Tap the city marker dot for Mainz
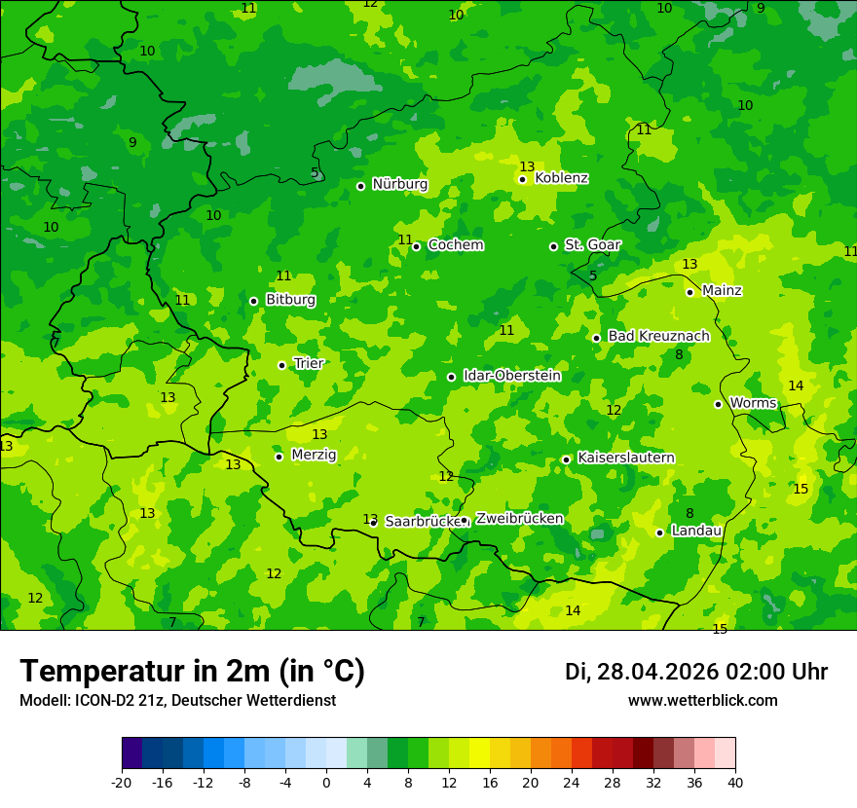click(x=689, y=292)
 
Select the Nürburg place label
click(x=399, y=184)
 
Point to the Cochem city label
click(x=455, y=245)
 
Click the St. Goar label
click(x=592, y=245)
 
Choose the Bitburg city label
click(x=290, y=300)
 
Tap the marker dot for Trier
click(x=281, y=365)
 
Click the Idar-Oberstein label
click(x=511, y=376)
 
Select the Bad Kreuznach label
click(x=658, y=336)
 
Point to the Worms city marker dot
click(x=718, y=404)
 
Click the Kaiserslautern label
click(x=625, y=458)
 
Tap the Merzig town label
click(x=314, y=455)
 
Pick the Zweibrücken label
click(x=519, y=519)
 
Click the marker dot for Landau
click(x=659, y=533)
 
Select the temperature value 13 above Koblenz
click(x=527, y=166)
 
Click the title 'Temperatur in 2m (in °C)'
click(x=192, y=672)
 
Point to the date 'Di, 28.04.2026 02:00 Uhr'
click(x=696, y=672)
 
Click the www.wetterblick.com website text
click(x=702, y=701)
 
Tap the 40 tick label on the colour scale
click(x=734, y=783)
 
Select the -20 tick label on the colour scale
click(x=122, y=783)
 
